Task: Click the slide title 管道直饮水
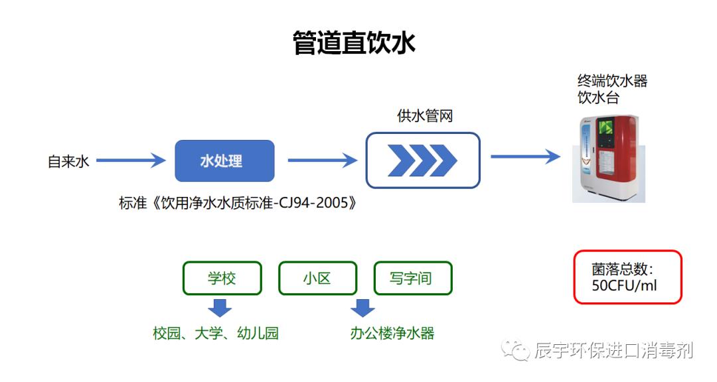pos(354,43)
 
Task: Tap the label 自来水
pos(68,161)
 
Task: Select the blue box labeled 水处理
pos(224,161)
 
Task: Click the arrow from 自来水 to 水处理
pos(130,160)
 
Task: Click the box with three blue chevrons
pos(423,160)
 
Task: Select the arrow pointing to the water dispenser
pos(525,157)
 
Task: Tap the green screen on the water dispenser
pos(607,129)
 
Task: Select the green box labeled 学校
pos(222,278)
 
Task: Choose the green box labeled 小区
pos(317,278)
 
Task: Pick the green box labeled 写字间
pos(412,278)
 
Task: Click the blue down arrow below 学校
pos(219,308)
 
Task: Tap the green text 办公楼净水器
pos(392,333)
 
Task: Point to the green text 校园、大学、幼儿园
pos(216,333)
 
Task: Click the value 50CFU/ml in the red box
pos(625,286)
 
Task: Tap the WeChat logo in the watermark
pos(516,349)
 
